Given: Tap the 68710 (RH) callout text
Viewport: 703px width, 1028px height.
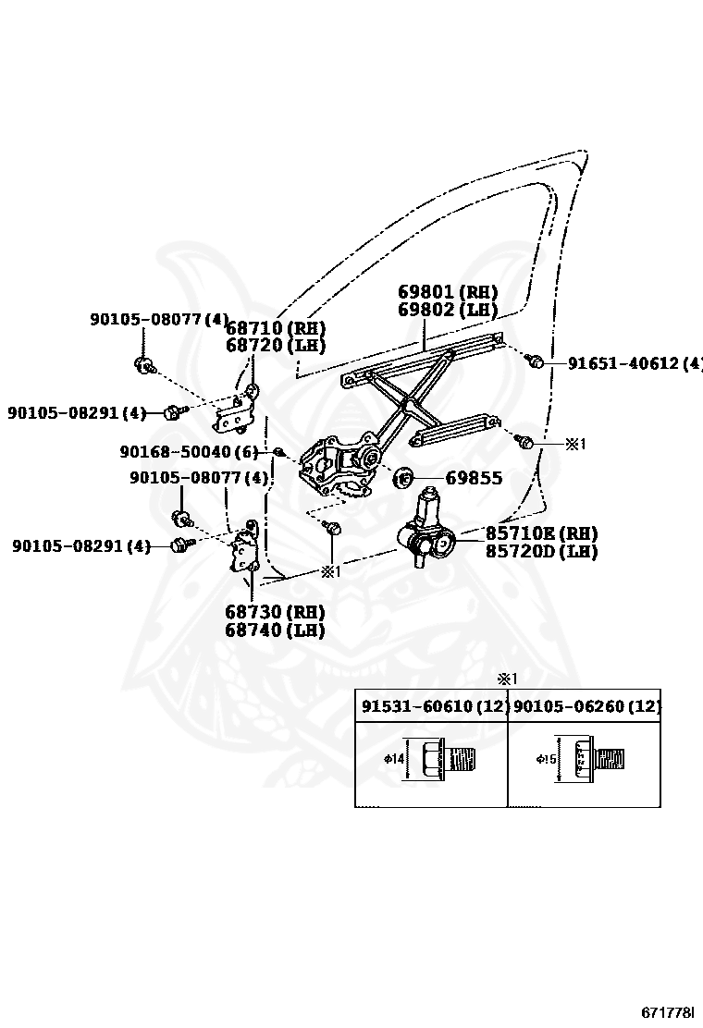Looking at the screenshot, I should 276,328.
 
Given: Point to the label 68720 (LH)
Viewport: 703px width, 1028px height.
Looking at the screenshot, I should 276,346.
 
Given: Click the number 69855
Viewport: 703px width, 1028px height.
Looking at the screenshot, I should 474,479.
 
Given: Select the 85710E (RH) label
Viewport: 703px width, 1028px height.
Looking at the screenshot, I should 541,533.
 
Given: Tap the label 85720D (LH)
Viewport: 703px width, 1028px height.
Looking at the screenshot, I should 541,552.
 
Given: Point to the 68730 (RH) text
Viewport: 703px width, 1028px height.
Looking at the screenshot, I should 275,613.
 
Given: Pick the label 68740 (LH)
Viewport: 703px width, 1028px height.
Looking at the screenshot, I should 275,631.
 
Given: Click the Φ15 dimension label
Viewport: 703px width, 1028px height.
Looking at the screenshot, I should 546,760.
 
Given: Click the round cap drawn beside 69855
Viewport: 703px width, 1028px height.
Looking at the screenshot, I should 404,479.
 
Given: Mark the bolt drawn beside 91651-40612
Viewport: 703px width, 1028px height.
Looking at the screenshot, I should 535,361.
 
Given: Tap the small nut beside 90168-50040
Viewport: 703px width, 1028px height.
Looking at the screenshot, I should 277,451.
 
